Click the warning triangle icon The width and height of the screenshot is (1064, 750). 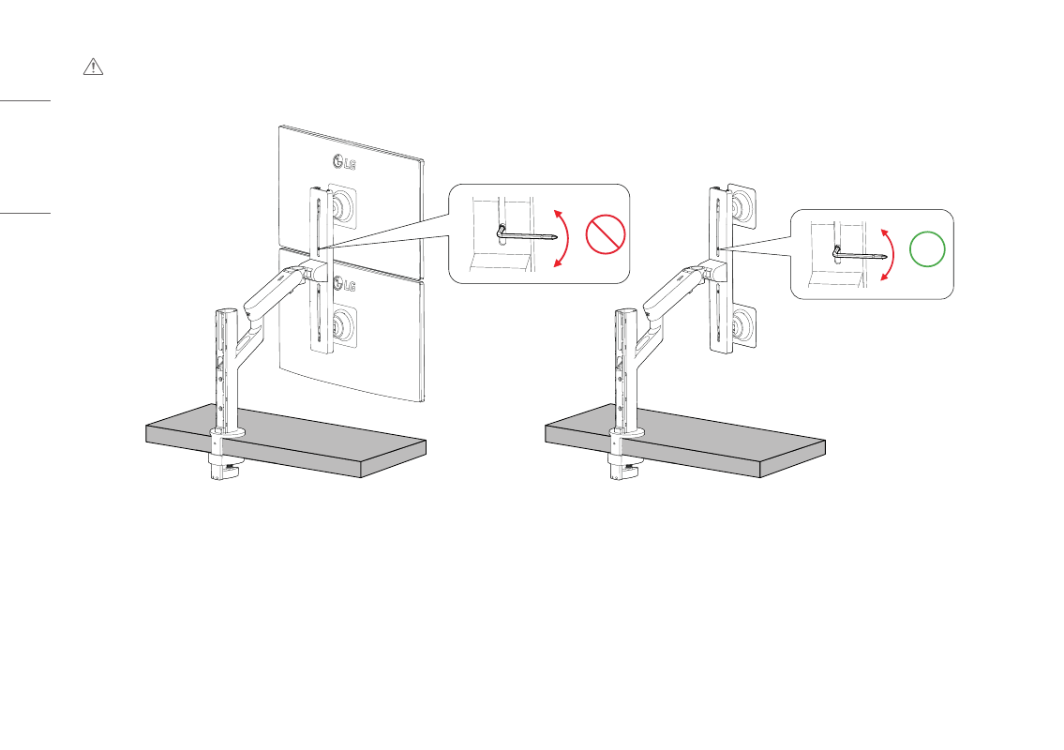pos(93,67)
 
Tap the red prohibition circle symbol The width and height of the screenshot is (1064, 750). pos(606,234)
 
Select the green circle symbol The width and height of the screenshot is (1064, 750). pos(927,249)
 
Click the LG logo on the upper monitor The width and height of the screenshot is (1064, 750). pos(344,163)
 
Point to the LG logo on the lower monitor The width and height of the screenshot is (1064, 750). pos(344,285)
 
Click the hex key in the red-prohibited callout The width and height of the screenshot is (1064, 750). pos(527,234)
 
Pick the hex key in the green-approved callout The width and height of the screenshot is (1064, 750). pos(859,254)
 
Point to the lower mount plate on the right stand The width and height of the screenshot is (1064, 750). pos(743,327)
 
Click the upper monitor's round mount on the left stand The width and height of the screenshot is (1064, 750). pos(343,203)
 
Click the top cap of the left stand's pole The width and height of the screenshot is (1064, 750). pos(227,313)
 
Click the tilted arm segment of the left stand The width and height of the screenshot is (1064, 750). pos(274,292)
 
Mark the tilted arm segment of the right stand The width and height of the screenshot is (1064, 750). pos(674,292)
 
